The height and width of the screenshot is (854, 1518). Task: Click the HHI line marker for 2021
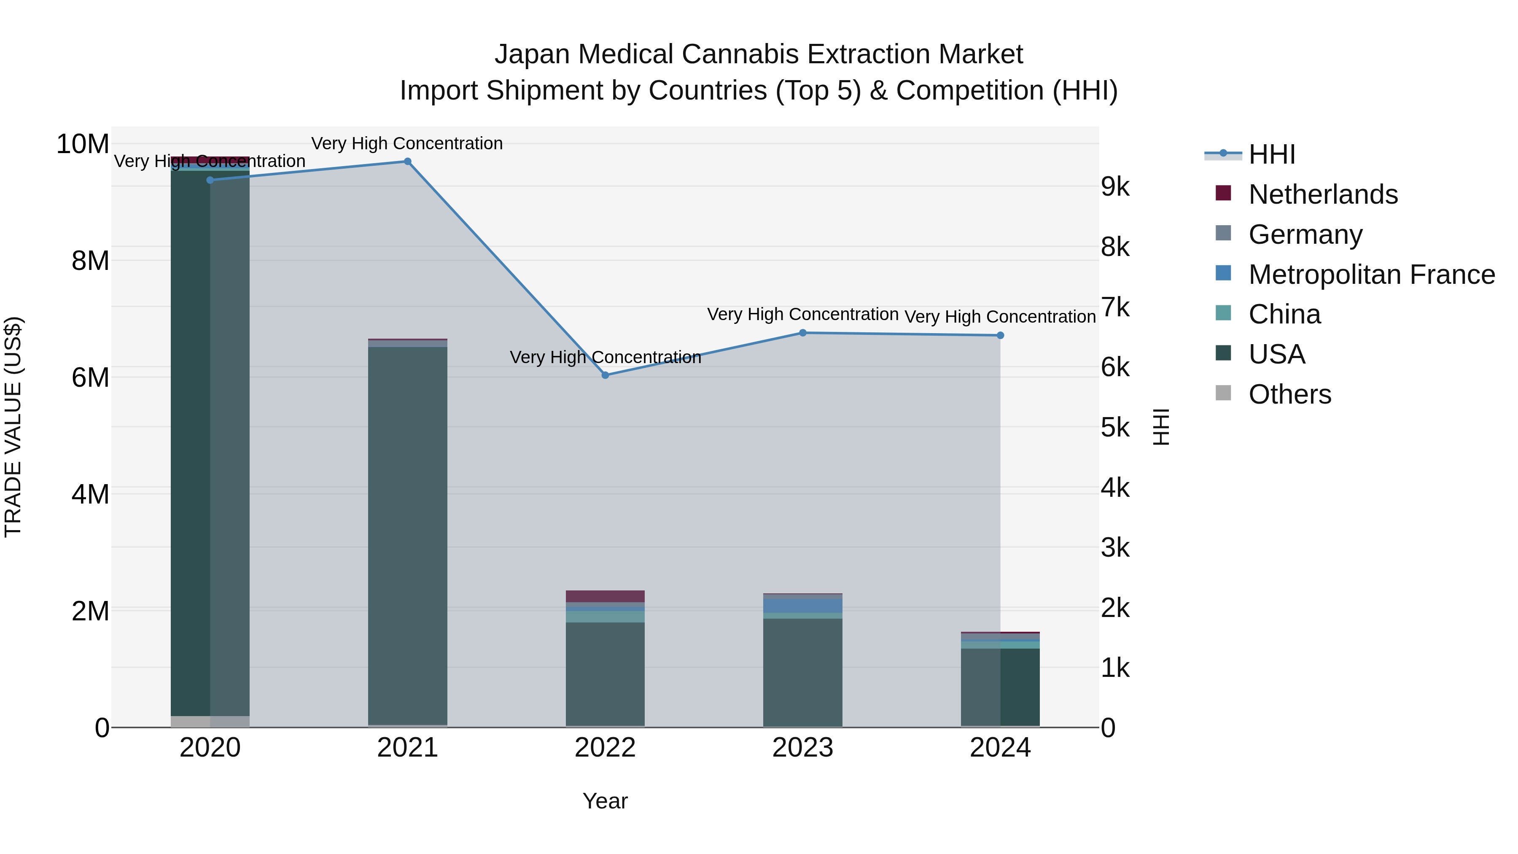(x=407, y=162)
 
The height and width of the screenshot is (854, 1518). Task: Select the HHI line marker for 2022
(x=605, y=375)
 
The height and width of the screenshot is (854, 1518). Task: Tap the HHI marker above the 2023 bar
(x=802, y=333)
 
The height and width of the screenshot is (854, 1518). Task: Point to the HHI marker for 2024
(x=1000, y=335)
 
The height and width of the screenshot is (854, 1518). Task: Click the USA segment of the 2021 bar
(x=407, y=531)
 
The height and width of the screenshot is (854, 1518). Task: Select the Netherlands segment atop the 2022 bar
(x=605, y=596)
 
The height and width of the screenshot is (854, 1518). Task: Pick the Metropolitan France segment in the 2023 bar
(x=802, y=605)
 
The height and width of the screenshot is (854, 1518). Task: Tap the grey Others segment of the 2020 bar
(x=210, y=722)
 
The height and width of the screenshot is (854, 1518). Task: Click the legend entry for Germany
(x=1305, y=234)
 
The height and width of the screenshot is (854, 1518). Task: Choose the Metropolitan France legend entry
(x=1371, y=275)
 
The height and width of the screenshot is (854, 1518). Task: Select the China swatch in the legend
(x=1223, y=313)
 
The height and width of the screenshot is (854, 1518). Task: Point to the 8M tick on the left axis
(x=90, y=261)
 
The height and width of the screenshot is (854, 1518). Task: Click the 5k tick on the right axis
(x=1115, y=428)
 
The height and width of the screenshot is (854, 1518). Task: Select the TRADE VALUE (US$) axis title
(x=13, y=427)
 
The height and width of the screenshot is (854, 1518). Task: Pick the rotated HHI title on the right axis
(x=1160, y=427)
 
